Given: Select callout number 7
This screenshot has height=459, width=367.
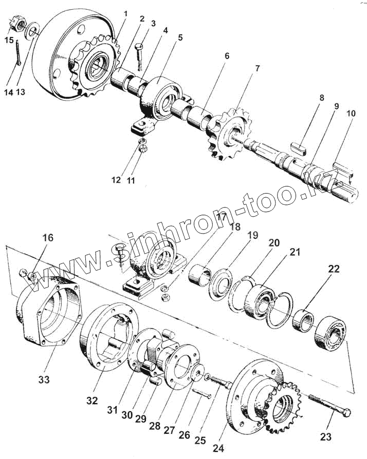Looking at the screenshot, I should (x=257, y=68).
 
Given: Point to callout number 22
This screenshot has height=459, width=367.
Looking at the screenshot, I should (x=333, y=269).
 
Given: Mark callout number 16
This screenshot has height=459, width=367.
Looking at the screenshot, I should (x=48, y=238).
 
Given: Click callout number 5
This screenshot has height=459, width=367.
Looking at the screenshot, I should (x=180, y=37).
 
